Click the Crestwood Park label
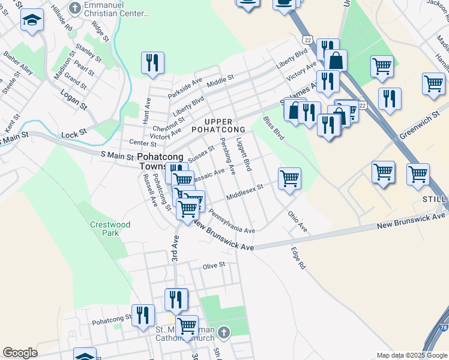110,229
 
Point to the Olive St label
214,265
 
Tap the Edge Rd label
298,258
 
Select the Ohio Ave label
297,221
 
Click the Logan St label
74,100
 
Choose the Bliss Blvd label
274,128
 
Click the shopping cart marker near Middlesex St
289,178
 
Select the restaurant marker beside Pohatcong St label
143,314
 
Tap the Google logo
20,353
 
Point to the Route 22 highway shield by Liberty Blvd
308,39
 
